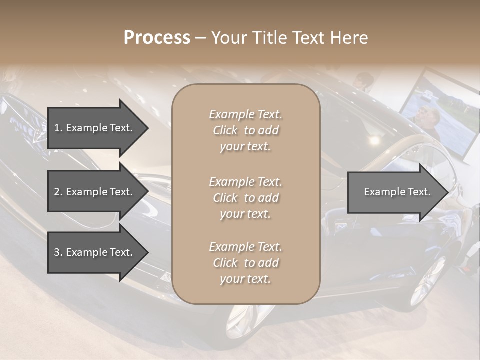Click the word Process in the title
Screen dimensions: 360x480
[157, 38]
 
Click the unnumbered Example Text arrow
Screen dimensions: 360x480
[395, 192]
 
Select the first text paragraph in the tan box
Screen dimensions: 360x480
[246, 130]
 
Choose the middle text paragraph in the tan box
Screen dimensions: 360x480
[246, 197]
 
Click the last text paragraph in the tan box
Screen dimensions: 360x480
[246, 263]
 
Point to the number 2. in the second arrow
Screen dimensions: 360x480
[58, 192]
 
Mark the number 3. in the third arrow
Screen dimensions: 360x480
[58, 252]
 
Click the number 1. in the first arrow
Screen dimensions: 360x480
[58, 128]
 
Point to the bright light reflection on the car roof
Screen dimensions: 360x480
[373, 140]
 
